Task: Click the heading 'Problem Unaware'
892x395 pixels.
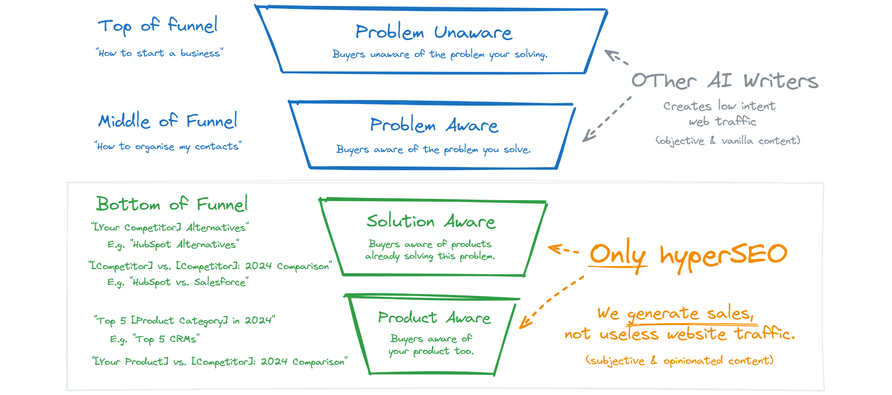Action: pos(434,33)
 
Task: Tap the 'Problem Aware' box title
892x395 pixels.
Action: pos(434,125)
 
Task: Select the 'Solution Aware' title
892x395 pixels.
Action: pos(431,221)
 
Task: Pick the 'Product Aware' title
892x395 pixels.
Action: pos(434,318)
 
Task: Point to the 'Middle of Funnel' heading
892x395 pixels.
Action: pos(168,121)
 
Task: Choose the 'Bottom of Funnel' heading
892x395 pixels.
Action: pos(172,204)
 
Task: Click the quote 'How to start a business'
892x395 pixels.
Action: pos(159,53)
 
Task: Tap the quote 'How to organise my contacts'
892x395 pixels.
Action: pos(168,146)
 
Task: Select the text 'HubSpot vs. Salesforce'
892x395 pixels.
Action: pos(189,282)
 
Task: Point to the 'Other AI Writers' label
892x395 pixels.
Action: pos(725,81)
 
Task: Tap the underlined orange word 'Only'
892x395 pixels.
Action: pos(618,254)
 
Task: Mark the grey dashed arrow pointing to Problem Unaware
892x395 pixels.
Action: pos(616,56)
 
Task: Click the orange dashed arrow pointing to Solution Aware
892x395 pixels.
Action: pos(563,249)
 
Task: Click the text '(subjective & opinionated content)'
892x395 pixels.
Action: pos(679,360)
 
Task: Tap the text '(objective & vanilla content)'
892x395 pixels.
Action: pos(728,141)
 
